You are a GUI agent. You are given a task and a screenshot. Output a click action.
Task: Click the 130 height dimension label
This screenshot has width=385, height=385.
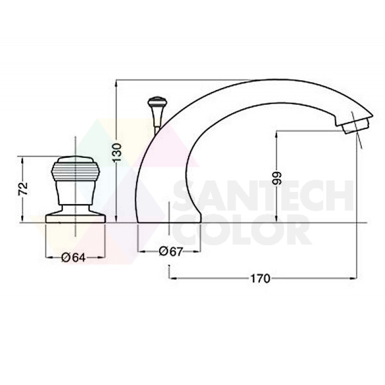[x=117, y=152]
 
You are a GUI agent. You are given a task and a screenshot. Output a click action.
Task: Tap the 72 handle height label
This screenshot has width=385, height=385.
[x=23, y=189]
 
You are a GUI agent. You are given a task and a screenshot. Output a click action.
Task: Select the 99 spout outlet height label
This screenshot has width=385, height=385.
[x=277, y=178]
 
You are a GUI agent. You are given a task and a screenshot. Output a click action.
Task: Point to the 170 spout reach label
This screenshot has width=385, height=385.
[x=260, y=279]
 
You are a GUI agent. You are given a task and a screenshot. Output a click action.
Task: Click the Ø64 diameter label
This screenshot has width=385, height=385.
[x=74, y=257]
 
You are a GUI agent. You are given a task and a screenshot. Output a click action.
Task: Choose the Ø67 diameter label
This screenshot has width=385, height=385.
[x=171, y=251]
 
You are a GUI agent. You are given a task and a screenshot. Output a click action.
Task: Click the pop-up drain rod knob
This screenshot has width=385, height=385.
[x=157, y=101]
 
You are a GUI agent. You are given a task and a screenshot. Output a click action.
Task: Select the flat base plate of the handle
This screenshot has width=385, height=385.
[x=76, y=218]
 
